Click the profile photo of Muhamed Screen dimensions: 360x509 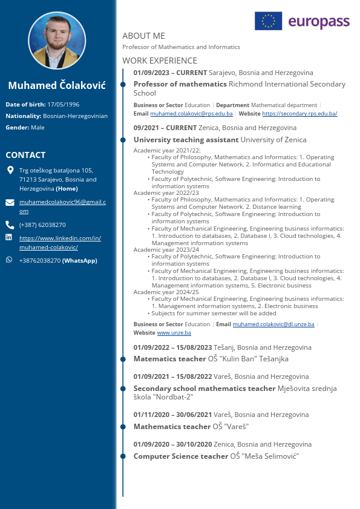tap(57, 41)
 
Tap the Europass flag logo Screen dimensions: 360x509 tap(268, 21)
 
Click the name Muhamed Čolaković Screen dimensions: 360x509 tap(57, 85)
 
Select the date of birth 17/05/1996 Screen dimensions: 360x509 tap(63, 104)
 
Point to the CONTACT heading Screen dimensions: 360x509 tap(25, 155)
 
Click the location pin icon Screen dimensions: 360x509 tap(10, 170)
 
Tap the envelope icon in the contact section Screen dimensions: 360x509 tap(10, 202)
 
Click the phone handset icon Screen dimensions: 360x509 tap(10, 225)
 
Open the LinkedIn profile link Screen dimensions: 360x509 tap(60, 243)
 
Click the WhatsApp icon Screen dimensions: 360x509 tap(9, 260)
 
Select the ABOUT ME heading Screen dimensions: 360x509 tap(143, 36)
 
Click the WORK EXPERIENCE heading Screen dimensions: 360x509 tap(160, 61)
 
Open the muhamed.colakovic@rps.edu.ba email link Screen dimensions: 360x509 tap(191, 114)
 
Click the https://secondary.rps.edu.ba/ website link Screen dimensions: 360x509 tap(299, 114)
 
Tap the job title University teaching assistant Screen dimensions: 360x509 tap(186, 140)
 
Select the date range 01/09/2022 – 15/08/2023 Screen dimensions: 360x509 tap(172, 347)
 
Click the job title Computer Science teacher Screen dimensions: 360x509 tap(180, 456)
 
